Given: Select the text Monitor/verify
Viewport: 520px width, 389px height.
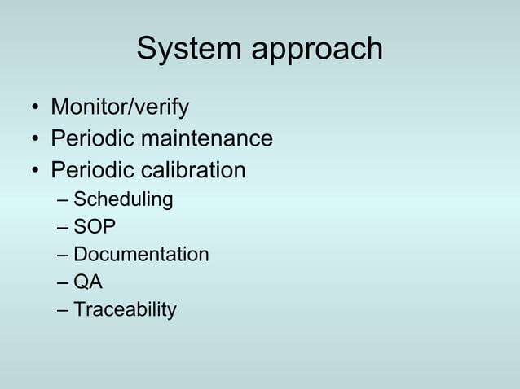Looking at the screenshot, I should pos(120,107).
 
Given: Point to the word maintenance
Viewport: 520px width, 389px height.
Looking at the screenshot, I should pos(207,139).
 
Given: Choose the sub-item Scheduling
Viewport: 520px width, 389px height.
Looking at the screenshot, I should pos(123,200).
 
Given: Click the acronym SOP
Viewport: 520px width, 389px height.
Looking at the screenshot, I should pos(94,227).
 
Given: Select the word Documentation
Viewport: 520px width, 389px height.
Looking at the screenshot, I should pos(141,255).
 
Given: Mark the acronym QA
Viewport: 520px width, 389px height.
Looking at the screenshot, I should pos(88,282).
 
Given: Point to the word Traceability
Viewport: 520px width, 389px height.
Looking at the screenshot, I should pos(125,310).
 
